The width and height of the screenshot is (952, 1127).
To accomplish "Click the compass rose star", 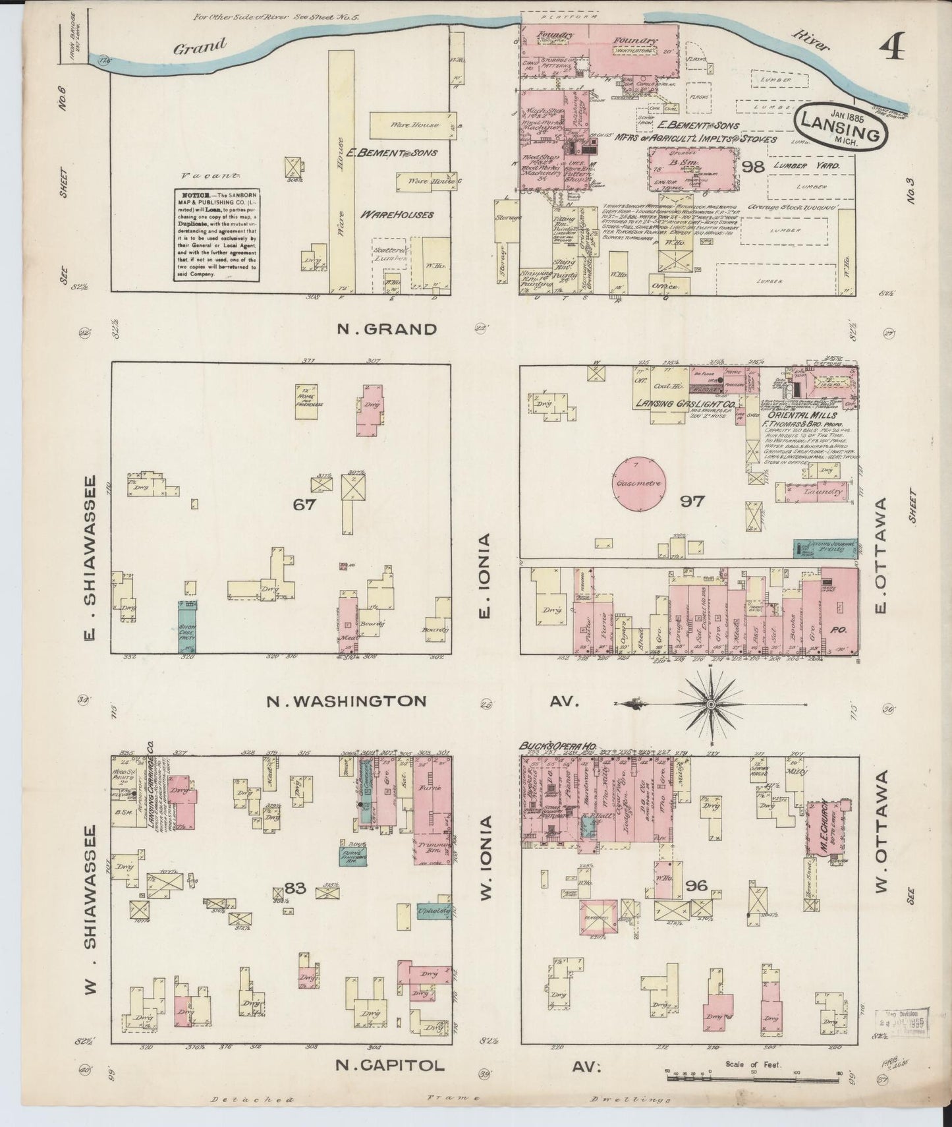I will pyautogui.click(x=711, y=705).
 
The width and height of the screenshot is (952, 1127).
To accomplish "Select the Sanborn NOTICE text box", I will pyautogui.click(x=217, y=235).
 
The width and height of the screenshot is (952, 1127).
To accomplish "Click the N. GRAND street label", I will pyautogui.click(x=387, y=330).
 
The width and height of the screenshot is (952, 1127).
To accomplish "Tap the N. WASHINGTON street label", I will pyautogui.click(x=346, y=701).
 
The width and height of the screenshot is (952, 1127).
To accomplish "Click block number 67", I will pyautogui.click(x=305, y=505).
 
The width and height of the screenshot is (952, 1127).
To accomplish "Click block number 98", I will pyautogui.click(x=752, y=167).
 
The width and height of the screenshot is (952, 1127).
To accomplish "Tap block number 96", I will pyautogui.click(x=696, y=885).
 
